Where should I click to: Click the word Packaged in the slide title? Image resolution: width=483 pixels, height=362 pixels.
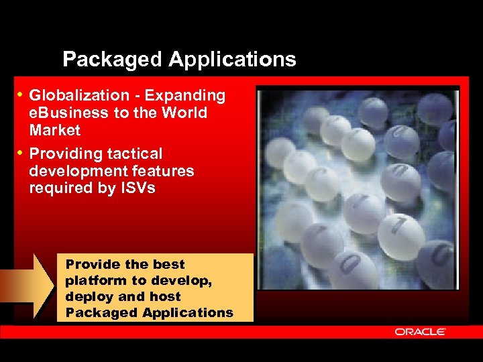112,60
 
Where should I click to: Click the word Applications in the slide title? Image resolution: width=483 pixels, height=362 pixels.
232,60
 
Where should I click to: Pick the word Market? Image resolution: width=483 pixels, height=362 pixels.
54,130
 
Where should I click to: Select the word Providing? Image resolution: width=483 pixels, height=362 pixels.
66,154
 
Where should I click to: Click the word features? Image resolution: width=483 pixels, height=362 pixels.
166,171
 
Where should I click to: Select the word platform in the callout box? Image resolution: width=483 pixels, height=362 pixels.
93,280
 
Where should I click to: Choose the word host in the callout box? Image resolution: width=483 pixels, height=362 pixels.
166,296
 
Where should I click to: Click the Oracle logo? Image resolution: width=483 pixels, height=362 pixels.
421,331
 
